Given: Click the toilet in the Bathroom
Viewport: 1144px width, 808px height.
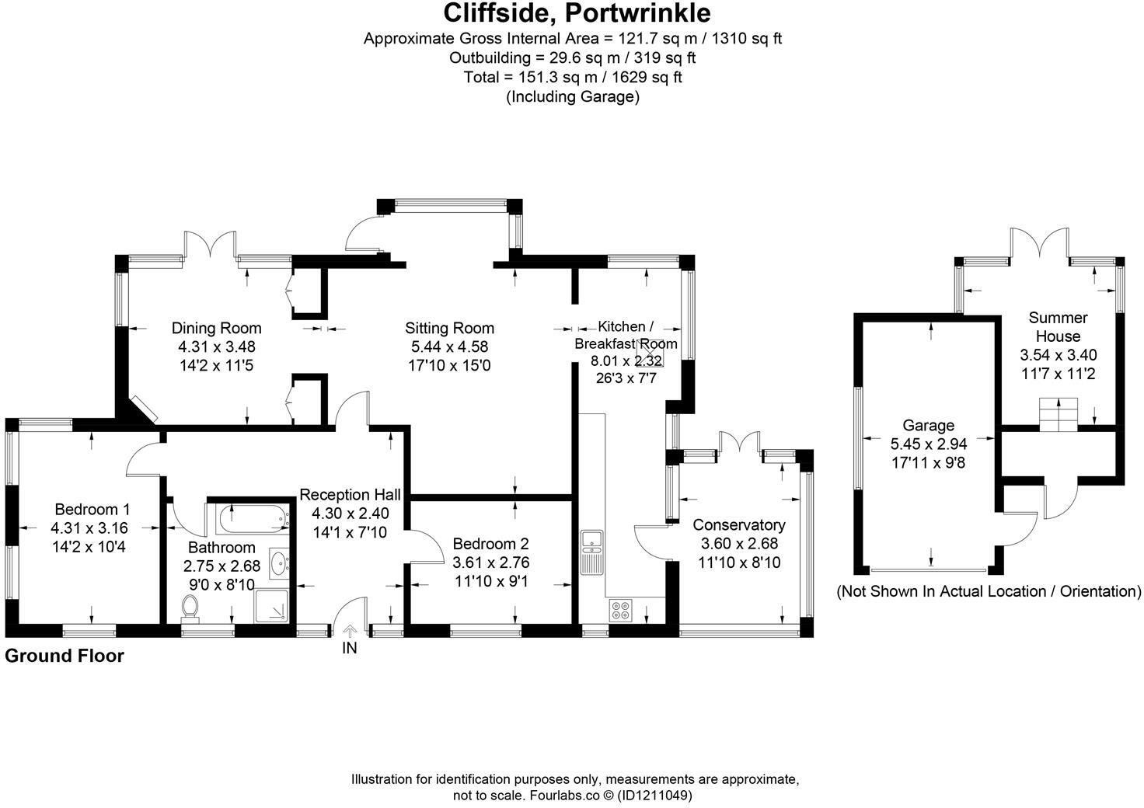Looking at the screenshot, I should click(190, 607).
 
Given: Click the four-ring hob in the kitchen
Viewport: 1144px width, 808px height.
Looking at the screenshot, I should click(621, 610).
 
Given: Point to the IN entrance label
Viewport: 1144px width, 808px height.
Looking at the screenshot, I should click(350, 647).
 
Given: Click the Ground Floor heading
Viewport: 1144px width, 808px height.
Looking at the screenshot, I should click(65, 656).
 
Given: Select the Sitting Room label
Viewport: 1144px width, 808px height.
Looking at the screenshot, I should click(449, 328).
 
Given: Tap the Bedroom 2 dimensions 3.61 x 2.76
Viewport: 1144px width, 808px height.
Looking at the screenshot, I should click(490, 562).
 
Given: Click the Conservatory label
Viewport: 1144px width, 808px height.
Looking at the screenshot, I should click(739, 525).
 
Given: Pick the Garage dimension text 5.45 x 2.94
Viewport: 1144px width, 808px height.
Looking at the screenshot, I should click(928, 444).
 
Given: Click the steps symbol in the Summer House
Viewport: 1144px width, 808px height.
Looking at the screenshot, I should click(1059, 414).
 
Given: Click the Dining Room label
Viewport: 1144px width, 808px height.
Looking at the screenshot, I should click(216, 328).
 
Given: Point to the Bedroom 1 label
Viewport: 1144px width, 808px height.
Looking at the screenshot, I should click(92, 510).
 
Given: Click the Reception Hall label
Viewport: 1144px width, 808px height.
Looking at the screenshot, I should click(350, 495).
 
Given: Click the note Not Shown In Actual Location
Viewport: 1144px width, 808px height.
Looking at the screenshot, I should click(989, 592).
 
